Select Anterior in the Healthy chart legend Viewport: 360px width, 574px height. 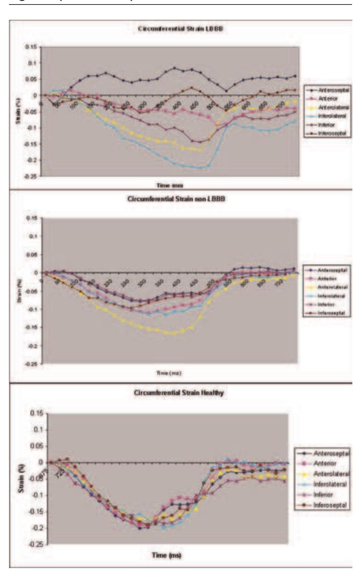(x=325, y=463)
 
